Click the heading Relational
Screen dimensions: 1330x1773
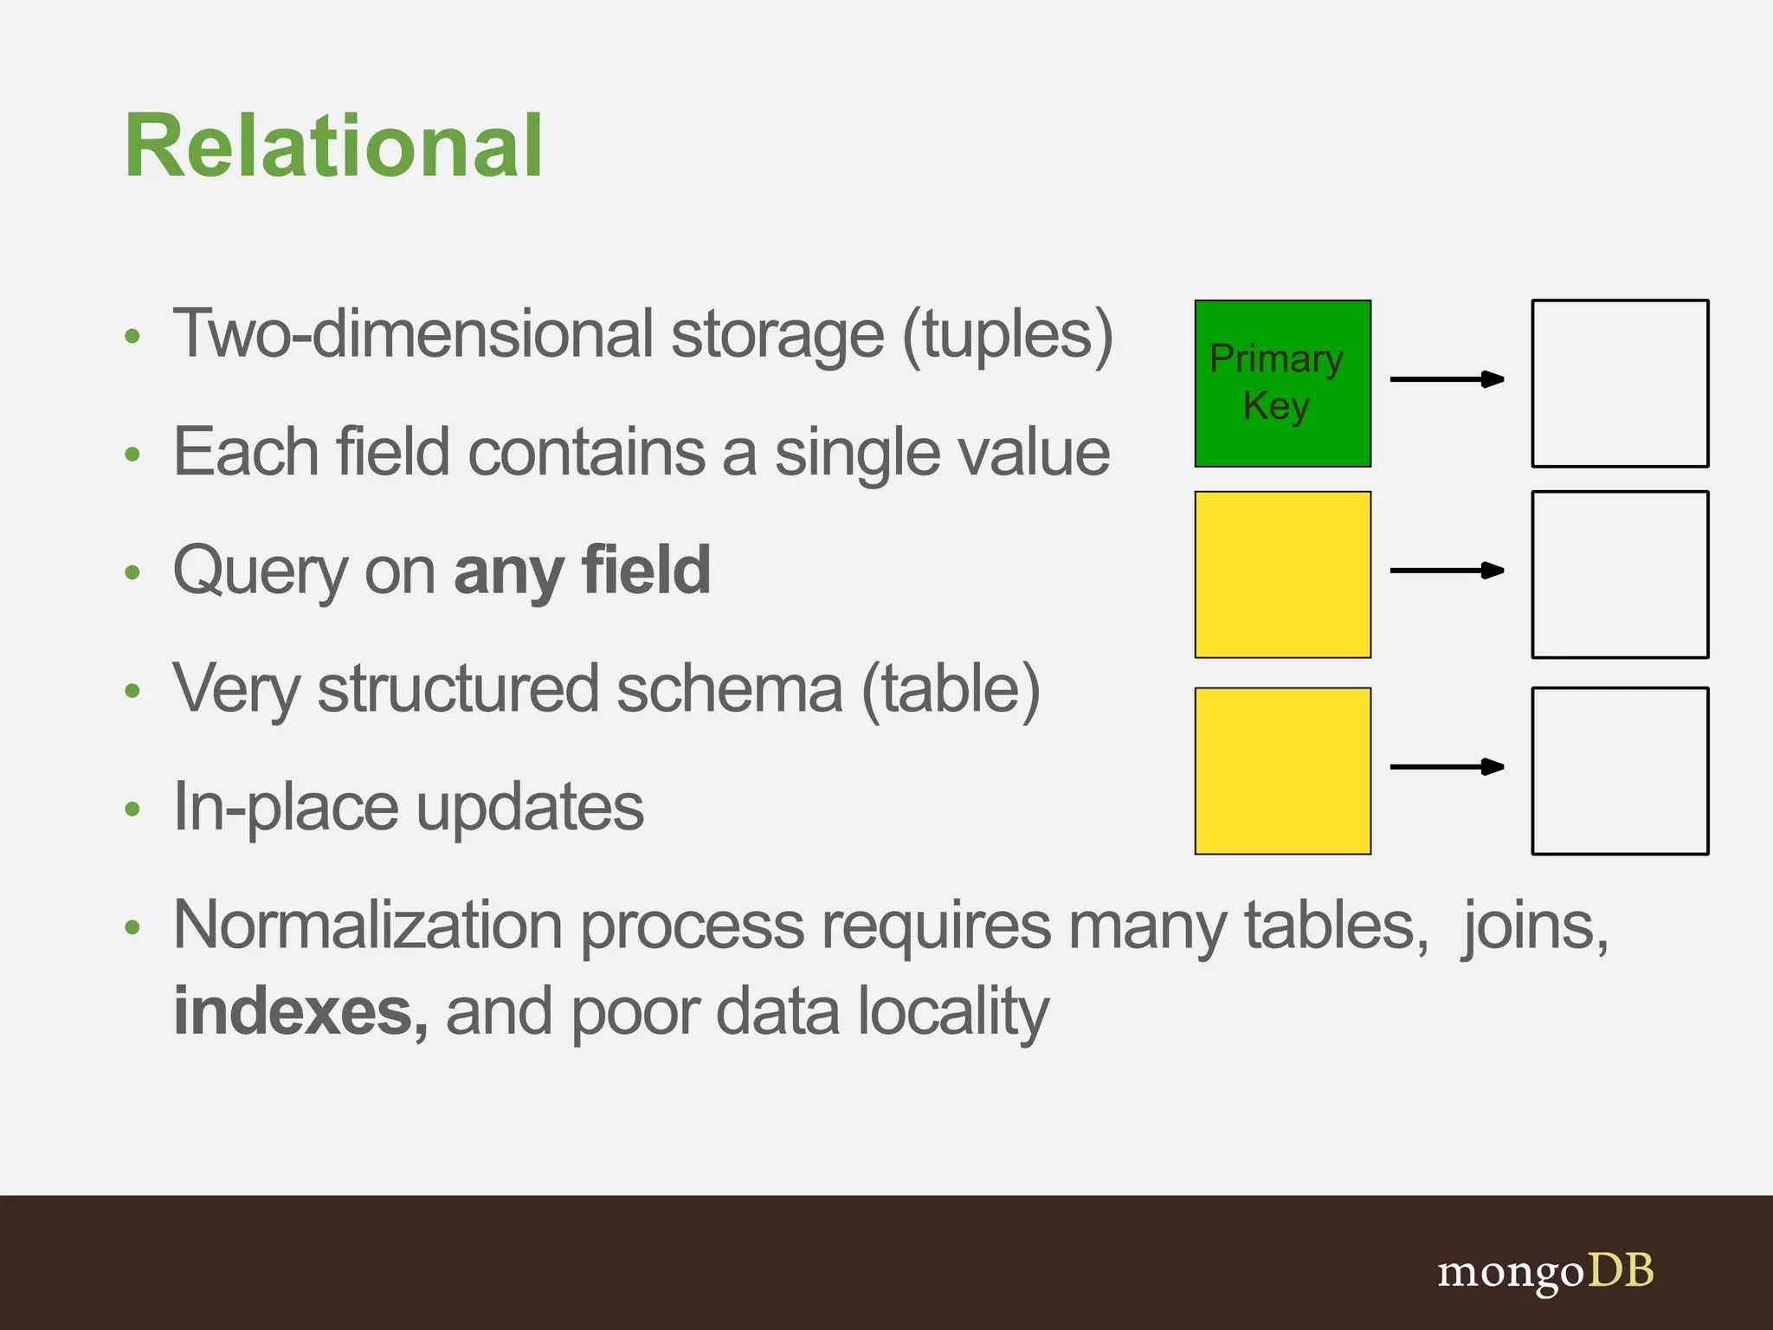[x=333, y=146]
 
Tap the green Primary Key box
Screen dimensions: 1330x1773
[x=1282, y=384]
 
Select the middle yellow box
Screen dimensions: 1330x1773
[x=1282, y=575]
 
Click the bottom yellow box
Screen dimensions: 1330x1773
[x=1282, y=771]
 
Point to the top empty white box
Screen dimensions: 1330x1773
[x=1620, y=384]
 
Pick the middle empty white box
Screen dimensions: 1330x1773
[x=1620, y=575]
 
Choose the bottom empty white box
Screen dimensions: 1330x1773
[x=1620, y=771]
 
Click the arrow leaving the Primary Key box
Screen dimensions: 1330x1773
[x=1447, y=379]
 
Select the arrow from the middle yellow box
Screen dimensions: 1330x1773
[x=1447, y=571]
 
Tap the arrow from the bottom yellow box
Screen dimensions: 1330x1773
[x=1447, y=766]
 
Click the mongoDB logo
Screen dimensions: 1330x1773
[x=1545, y=1272]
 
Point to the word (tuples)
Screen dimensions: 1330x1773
[x=1008, y=336]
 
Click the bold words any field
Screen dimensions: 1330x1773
[x=582, y=571]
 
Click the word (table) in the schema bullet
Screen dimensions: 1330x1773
[x=951, y=690]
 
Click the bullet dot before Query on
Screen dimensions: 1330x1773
[x=132, y=572]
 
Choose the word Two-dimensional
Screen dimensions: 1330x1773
[x=413, y=335]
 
